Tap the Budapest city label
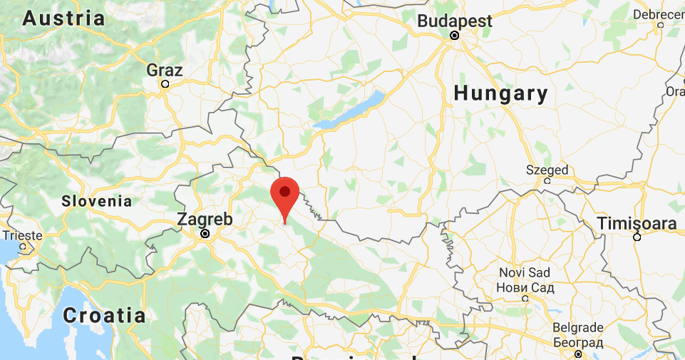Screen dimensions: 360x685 coord(455,21)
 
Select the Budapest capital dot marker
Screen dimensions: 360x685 coord(454,35)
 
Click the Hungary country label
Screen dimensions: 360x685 coord(501,93)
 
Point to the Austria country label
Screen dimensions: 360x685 coord(64,19)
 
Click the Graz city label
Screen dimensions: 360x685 coord(165,71)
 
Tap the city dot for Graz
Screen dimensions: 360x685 coord(165,83)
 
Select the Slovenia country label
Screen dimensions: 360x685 coord(97,201)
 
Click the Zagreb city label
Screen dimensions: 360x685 coord(205,220)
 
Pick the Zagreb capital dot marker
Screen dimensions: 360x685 coord(205,233)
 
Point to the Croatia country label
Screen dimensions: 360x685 coord(104,314)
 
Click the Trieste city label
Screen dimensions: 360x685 coord(23,235)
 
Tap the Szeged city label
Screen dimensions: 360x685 coord(547,170)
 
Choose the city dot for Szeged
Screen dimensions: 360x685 coord(547,181)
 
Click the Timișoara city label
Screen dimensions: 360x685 coord(637,223)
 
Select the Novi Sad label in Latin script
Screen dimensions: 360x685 coord(525,274)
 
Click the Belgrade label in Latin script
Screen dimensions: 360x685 coord(578,328)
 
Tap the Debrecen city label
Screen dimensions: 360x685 coord(659,14)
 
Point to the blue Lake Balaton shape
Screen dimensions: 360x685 coord(349,110)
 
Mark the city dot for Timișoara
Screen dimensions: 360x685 coord(637,237)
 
